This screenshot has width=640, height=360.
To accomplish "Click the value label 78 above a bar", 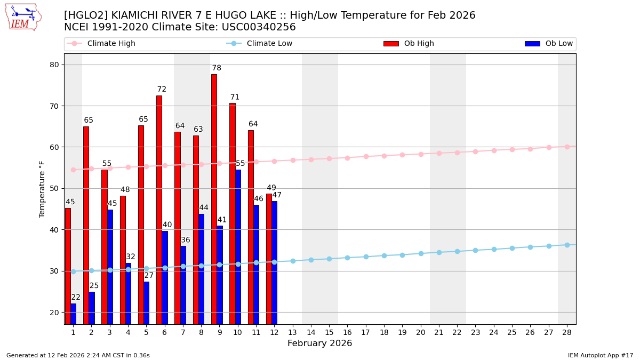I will (217, 68).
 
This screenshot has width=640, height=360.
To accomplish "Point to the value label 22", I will (76, 298).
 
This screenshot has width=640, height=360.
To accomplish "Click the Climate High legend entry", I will (111, 44).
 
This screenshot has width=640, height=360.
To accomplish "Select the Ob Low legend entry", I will (559, 44).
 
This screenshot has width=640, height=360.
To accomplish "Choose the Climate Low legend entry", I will (269, 44).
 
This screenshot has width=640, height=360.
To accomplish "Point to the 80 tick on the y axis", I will (55, 65).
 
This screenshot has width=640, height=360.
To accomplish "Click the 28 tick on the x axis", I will (567, 332).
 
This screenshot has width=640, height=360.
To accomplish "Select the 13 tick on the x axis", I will (292, 332).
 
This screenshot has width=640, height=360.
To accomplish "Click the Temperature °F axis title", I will (43, 189).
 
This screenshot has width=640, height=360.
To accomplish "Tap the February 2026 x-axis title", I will (319, 343).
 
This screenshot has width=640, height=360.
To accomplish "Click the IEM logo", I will (23, 17).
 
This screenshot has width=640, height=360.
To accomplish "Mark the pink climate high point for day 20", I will (421, 154).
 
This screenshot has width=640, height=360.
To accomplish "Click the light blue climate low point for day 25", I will (512, 248).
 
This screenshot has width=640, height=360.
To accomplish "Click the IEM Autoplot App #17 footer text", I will (600, 355).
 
